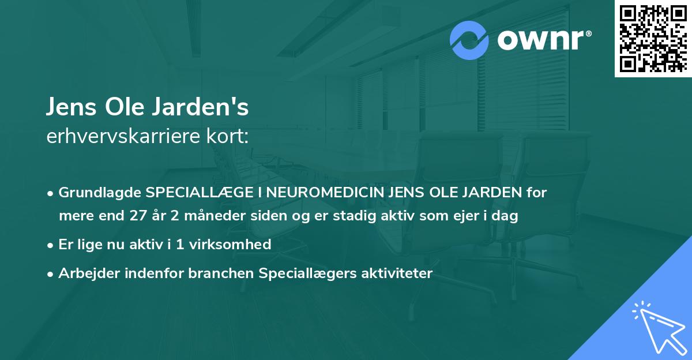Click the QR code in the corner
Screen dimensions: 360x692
(x=653, y=39)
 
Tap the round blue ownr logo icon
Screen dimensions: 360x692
(x=469, y=40)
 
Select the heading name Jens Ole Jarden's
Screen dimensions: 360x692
(x=148, y=108)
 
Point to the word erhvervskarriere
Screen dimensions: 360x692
(x=126, y=137)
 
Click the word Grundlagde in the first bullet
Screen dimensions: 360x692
(x=100, y=193)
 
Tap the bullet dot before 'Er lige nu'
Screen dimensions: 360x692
(x=51, y=245)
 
